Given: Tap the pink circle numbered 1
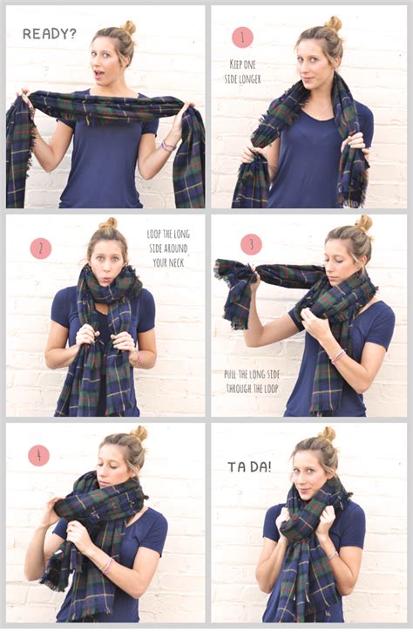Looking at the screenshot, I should coord(242,37).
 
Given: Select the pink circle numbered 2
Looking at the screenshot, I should coord(41,248).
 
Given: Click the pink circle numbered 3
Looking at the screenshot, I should coord(251,244).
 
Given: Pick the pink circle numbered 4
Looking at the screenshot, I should coord(39,455).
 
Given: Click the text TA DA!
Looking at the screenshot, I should coord(249,466).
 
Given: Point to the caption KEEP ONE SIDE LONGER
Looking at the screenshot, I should coord(243,72).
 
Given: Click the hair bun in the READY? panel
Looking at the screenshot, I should coord(128,27).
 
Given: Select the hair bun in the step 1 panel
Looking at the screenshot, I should coord(333,24).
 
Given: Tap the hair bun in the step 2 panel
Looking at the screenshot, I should coord(109,224).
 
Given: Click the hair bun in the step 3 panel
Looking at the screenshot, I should coord(362,223).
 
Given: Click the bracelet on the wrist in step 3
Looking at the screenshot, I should coord(337,357).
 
